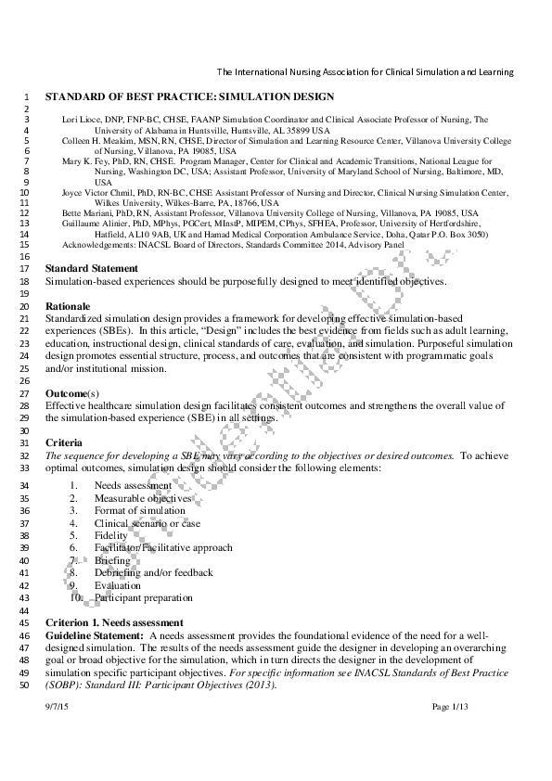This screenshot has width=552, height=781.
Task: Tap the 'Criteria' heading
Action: (64, 442)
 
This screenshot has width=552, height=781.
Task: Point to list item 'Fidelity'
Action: (111, 536)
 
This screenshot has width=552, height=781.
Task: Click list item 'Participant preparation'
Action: (144, 598)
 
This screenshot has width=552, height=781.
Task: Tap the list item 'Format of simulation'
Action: (139, 511)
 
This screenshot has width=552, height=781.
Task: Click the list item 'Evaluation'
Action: (118, 586)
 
